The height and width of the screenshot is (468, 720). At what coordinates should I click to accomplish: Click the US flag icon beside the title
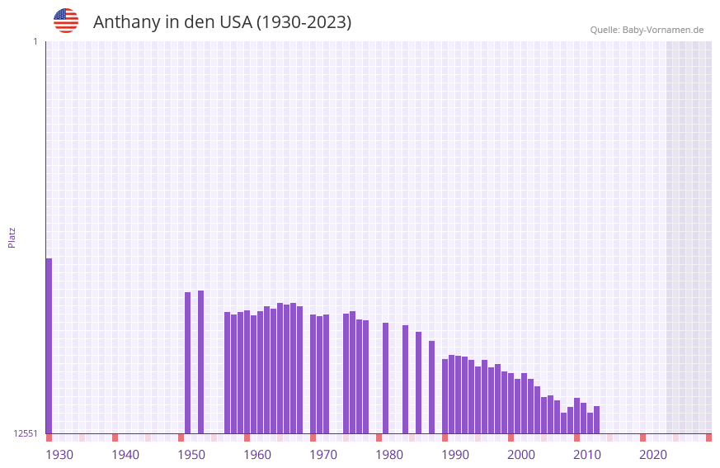[x=66, y=21]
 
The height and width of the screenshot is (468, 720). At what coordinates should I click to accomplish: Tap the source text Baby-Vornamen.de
[x=662, y=30]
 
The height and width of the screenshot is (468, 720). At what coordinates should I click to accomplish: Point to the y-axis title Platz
[x=12, y=237]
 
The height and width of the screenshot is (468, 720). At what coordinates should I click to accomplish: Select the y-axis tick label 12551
[x=26, y=433]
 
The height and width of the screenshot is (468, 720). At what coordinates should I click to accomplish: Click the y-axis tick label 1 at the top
[x=35, y=41]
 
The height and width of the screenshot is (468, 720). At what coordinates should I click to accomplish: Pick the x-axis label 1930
[x=59, y=455]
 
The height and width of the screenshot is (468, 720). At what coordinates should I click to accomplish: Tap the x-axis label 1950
[x=191, y=455]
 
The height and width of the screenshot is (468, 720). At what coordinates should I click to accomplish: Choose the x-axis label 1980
[x=389, y=455]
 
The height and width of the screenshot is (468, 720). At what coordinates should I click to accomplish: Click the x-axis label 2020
[x=653, y=455]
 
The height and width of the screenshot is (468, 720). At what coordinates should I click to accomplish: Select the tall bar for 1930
[x=49, y=346]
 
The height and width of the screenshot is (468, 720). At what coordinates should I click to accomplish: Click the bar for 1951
[x=187, y=362]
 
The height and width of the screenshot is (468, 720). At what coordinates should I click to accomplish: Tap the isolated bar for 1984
[x=405, y=379]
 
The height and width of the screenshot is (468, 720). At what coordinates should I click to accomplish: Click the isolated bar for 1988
[x=431, y=387]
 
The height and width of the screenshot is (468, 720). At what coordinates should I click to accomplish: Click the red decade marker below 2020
[x=642, y=437]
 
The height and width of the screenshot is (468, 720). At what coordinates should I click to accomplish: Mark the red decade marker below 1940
[x=115, y=437]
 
